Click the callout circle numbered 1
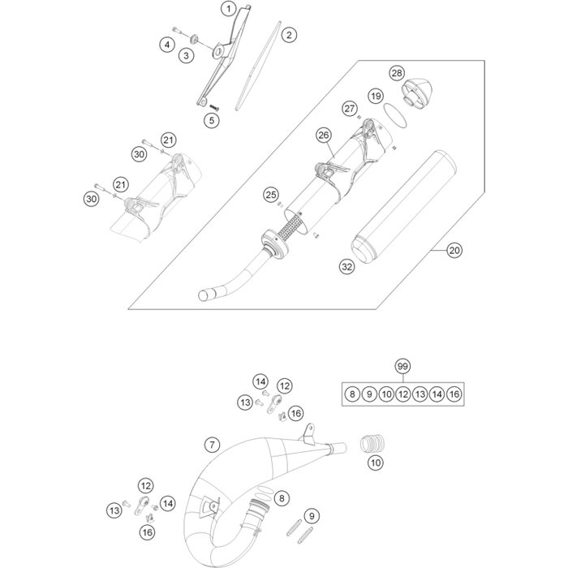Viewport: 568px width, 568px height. coord(230,8)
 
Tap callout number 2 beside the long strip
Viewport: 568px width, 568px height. coord(288,35)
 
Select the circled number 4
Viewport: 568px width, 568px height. coord(167,45)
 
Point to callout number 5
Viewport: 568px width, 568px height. coord(211,119)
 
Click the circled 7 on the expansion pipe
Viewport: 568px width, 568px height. coord(211,444)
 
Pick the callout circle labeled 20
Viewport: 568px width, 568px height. coord(454,251)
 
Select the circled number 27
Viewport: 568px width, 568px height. coord(349,109)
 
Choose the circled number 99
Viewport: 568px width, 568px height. coord(402,367)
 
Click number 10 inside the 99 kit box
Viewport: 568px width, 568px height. coord(385,394)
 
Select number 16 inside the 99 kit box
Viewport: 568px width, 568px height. coord(454,394)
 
